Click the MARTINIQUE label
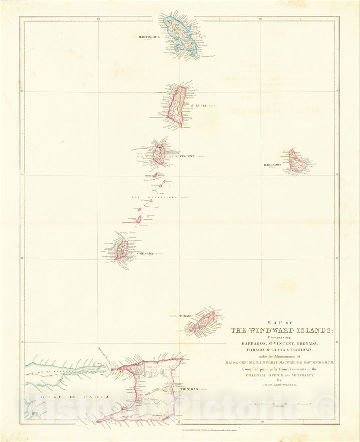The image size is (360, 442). coord(148,37)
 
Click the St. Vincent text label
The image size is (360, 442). coord(184,156)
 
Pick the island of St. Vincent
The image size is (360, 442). coord(160,154)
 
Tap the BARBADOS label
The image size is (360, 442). coord(273,164)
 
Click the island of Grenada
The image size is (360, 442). coord(122,249)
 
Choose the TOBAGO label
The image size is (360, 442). coord(186,316)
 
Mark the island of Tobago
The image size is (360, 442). coord(202,322)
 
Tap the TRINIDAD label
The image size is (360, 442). coord(189,388)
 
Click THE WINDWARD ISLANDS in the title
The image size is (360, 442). coord(281,330)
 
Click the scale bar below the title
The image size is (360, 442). coord(280,403)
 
